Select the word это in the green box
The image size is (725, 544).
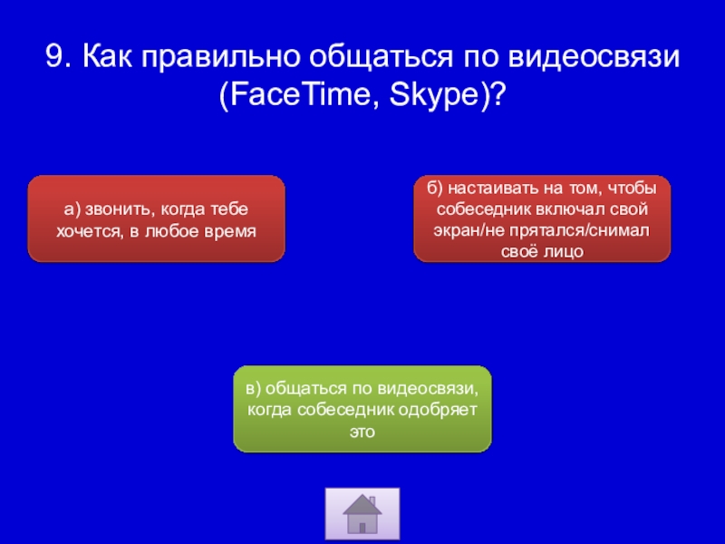tap(362, 432)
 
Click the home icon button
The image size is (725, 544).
tap(362, 513)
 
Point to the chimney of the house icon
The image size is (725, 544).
tap(372, 502)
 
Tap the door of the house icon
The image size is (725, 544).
tap(362, 528)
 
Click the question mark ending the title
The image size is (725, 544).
tap(498, 94)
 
